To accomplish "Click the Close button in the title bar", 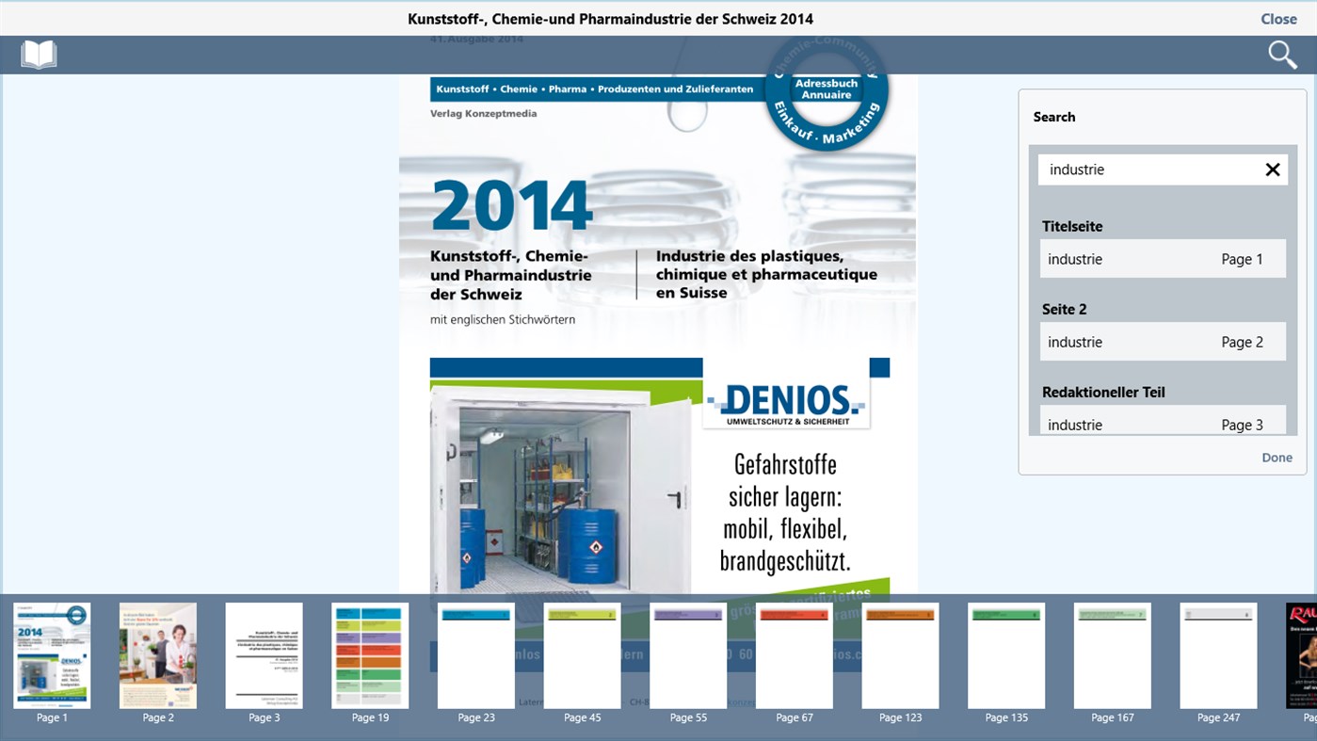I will [1278, 19].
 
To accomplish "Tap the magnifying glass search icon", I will [1282, 55].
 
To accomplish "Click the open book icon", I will [39, 55].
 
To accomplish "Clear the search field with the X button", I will [1273, 169].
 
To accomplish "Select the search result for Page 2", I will [1163, 342].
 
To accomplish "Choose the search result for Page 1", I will [1163, 259].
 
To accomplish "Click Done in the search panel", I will [1277, 458].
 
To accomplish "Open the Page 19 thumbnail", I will [370, 656].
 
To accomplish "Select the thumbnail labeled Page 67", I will [795, 656].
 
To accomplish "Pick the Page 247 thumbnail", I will [1218, 656].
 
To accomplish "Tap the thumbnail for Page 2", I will [158, 656].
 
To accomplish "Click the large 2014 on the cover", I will [512, 205].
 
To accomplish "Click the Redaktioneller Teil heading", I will [1103, 392].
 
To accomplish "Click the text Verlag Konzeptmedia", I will [483, 113].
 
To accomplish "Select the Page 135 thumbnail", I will [1006, 656].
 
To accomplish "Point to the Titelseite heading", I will [1072, 226].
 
